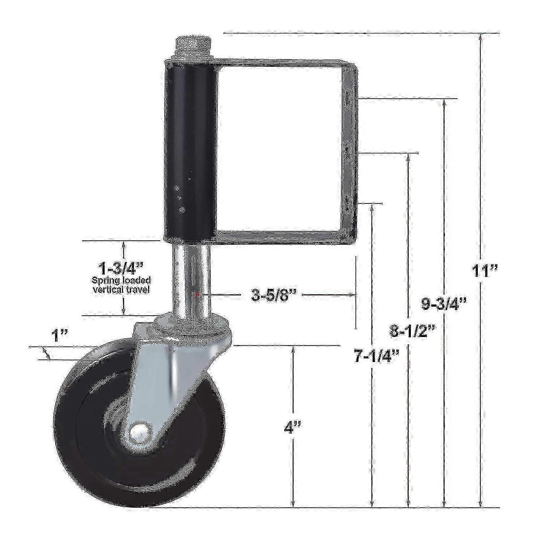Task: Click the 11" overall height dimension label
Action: pyautogui.click(x=485, y=270)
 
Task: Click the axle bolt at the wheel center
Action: pyautogui.click(x=139, y=432)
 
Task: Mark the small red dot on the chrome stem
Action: pyautogui.click(x=196, y=295)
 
